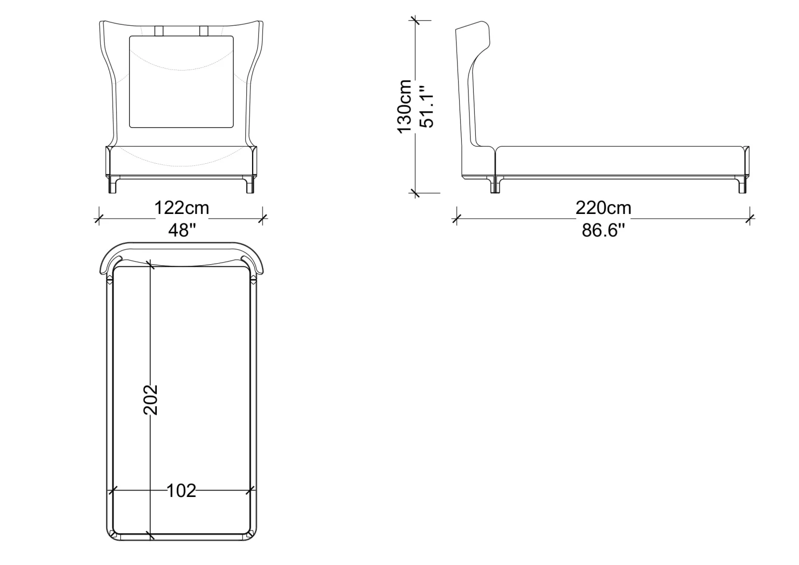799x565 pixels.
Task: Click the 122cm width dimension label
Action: (x=181, y=208)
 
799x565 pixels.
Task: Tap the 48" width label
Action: (x=182, y=230)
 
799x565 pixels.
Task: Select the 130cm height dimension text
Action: (x=405, y=106)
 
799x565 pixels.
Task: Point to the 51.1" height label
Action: (x=427, y=106)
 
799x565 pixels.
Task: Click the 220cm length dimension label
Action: (x=603, y=208)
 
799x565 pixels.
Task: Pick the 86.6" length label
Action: (x=603, y=230)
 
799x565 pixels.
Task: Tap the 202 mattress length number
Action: (x=150, y=399)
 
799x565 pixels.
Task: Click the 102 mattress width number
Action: (x=181, y=491)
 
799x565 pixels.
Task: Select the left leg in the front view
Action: (x=112, y=185)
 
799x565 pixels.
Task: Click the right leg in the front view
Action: (x=250, y=185)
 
